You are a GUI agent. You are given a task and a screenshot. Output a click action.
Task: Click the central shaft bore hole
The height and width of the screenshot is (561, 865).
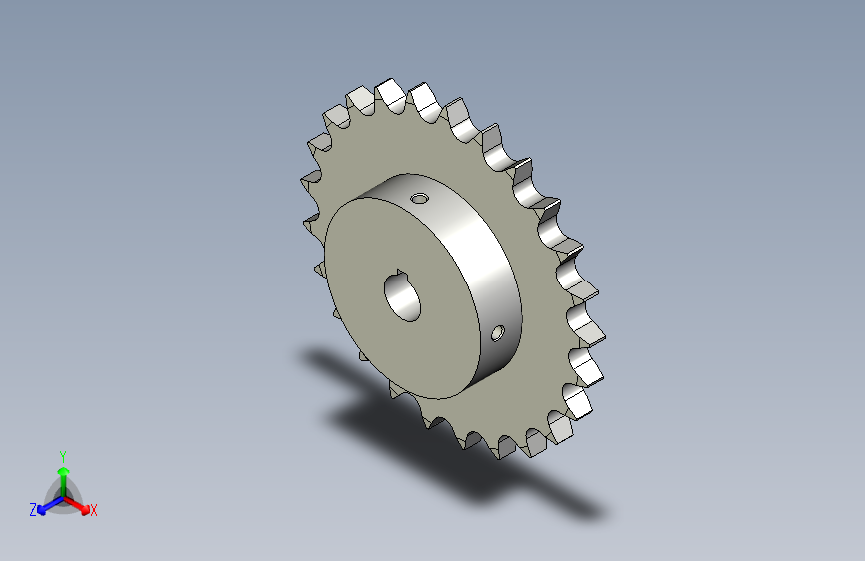(x=403, y=298)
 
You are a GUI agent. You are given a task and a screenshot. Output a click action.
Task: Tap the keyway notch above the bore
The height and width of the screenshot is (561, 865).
(x=401, y=273)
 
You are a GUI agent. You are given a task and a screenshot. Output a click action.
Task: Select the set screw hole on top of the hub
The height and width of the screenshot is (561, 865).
(x=420, y=198)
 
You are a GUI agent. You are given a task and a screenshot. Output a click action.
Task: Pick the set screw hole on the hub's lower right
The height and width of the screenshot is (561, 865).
(x=497, y=333)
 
